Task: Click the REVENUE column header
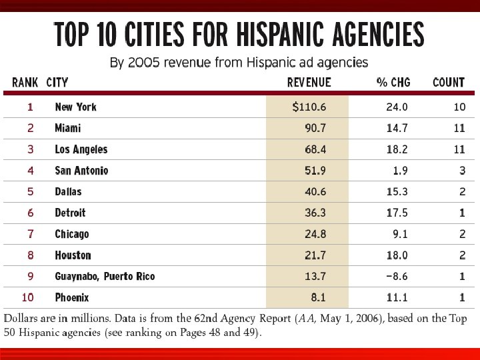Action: coord(309,83)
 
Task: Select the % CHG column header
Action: coord(393,83)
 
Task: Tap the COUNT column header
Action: coord(449,83)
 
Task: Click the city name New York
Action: coord(75,107)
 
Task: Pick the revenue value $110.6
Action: coord(309,107)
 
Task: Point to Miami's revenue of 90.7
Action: coord(313,128)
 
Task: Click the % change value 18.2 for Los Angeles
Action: coord(397,149)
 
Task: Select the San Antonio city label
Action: coord(81,171)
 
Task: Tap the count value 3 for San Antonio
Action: coord(462,171)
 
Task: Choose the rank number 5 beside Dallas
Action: coord(30,191)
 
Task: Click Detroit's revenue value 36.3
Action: coord(313,213)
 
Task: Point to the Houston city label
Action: coord(73,255)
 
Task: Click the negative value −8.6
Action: coord(396,276)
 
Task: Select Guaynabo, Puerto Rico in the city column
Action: coord(105,276)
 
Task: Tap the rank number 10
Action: coord(27,297)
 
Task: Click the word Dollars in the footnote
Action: coord(23,319)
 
